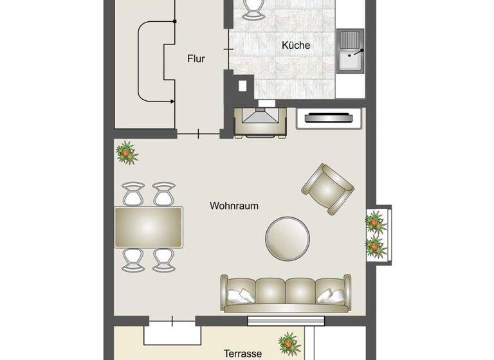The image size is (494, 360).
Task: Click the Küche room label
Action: click(296, 45)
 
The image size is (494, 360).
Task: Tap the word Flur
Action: click(196, 59)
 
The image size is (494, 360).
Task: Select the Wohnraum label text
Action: click(234, 206)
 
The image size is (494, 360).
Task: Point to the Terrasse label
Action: click(242, 353)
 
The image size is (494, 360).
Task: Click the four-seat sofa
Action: click(286, 293)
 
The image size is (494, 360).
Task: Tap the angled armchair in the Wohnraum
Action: click(328, 188)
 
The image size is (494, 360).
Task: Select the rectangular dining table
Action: click(149, 226)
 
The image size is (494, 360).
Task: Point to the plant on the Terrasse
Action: click(289, 344)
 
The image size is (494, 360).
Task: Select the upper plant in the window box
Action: click(374, 222)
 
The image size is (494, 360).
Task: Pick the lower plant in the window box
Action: click(374, 245)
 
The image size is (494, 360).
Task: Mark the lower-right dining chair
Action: click(163, 259)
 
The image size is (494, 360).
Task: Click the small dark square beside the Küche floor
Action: click(243, 85)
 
